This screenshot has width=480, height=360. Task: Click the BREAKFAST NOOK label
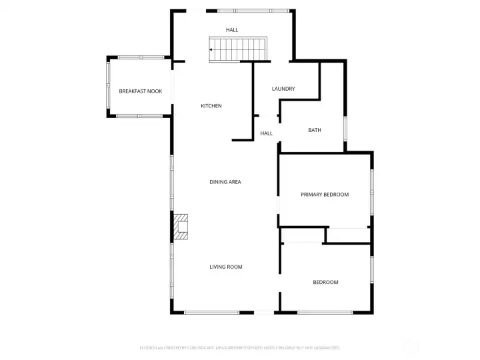[x=140, y=91]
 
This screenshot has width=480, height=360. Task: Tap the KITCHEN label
[x=211, y=106]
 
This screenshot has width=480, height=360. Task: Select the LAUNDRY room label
[x=283, y=89]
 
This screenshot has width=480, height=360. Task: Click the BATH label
[x=315, y=130]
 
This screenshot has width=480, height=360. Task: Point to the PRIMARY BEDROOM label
[x=325, y=195]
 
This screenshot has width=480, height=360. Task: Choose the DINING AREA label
[x=225, y=181]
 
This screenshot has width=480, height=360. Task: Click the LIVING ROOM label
[x=226, y=267]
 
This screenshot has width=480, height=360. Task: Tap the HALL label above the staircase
[x=231, y=30]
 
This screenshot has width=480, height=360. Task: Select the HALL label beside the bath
[x=267, y=133]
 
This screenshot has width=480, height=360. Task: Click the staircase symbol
[x=238, y=49]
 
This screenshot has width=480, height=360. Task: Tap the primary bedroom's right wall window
[x=371, y=193]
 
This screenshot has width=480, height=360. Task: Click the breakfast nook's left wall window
[x=109, y=87]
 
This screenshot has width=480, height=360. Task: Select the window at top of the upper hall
[x=253, y=11]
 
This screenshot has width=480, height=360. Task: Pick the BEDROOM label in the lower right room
[x=325, y=282]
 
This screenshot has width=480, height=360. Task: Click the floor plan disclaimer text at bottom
[x=240, y=347]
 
